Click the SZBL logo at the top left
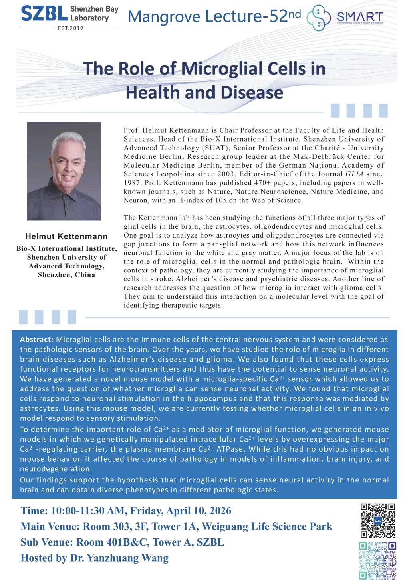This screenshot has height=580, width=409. point(44,14)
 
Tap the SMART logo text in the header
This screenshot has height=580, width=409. point(360,16)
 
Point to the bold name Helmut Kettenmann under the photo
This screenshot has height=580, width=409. point(66,236)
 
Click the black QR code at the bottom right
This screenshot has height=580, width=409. point(377,520)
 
